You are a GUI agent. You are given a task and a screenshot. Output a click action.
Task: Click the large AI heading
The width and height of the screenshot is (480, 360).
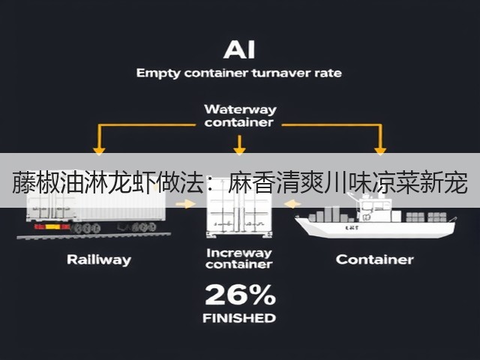[x=239, y=49]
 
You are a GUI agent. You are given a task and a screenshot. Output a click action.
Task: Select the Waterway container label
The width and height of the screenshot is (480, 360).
[x=240, y=115]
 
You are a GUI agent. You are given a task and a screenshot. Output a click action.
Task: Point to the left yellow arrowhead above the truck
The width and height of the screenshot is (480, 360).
[x=99, y=151]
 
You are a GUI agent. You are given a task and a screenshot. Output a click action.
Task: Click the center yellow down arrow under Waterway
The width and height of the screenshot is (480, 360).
[x=239, y=145]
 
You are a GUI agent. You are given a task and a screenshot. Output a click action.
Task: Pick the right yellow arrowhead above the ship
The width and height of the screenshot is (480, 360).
[x=380, y=151]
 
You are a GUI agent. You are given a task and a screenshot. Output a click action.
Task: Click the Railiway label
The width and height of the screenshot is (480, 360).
[x=99, y=260]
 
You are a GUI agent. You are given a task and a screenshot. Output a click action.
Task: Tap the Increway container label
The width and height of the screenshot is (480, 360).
[x=239, y=259]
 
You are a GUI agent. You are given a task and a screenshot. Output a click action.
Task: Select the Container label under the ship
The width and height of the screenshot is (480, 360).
[x=374, y=259]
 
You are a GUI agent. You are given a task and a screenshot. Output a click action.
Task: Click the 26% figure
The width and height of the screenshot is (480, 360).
[x=240, y=295]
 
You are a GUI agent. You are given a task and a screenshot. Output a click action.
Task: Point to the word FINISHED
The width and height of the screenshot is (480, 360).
[x=239, y=318]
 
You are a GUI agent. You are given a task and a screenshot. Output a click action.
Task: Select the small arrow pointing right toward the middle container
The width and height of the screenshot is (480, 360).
[x=185, y=204]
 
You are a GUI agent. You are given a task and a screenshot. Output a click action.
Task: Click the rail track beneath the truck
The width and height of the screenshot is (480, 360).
[x=94, y=235]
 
